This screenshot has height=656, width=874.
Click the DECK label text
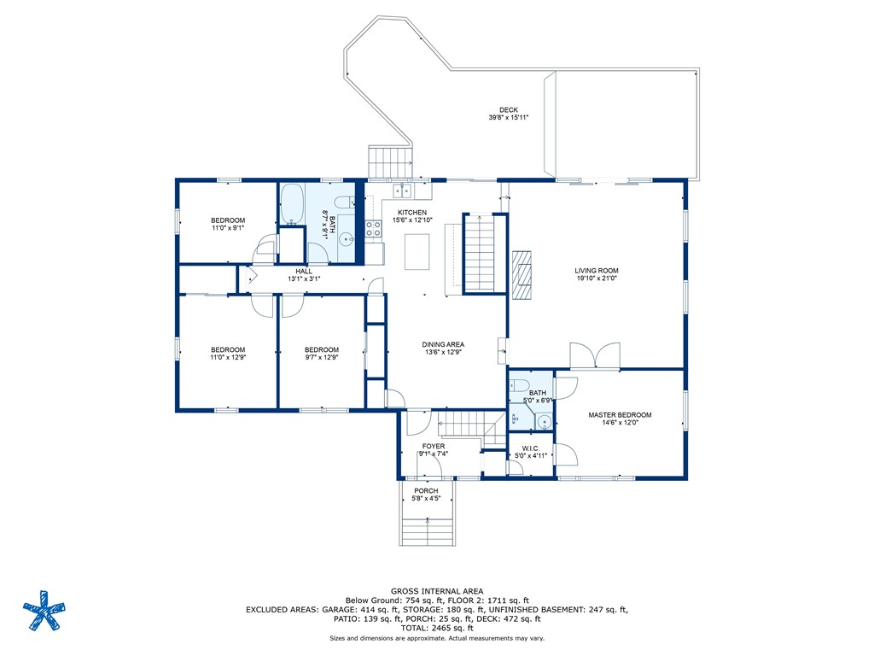pos(509,110)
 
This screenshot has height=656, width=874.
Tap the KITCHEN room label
pos(412,213)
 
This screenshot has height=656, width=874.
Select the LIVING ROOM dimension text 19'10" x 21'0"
pos(597,278)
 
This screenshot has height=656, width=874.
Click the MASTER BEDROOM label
pos(620,415)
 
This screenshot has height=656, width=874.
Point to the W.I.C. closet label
pos(531,448)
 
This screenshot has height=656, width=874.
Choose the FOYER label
pos(433,446)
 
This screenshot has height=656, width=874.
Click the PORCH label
pos(426,491)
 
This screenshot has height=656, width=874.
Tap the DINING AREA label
pos(443,345)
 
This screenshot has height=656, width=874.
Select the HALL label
pos(304,271)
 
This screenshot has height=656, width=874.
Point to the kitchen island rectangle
pos(417,252)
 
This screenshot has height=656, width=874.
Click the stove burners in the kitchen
pos(373,229)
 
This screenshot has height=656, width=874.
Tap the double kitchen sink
pos(402,190)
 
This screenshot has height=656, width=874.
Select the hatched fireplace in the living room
pos(522,276)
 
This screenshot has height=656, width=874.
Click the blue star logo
pos(44,610)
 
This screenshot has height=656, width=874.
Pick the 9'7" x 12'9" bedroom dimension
pos(322,358)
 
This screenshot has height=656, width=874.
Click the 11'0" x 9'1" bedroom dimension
pos(228,228)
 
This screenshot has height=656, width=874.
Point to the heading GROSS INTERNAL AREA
pos(437,591)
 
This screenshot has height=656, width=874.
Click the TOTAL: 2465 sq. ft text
pos(437,628)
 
